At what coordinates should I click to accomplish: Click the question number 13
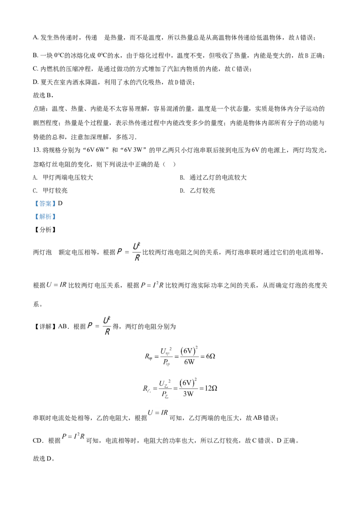coord(36,150)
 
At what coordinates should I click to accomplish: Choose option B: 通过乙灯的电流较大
coord(213,178)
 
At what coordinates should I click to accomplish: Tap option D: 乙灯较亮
coord(198,191)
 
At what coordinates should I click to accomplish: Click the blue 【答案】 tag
coord(45,204)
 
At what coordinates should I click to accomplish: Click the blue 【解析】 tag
coord(45,217)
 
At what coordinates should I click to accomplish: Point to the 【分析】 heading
coord(45,229)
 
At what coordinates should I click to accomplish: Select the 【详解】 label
coord(45,326)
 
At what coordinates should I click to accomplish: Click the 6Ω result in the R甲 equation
coord(211,356)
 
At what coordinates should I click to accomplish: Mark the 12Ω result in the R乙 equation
coord(211,388)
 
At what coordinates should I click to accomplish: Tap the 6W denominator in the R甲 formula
coord(189,362)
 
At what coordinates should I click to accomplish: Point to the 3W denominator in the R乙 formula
coord(188,394)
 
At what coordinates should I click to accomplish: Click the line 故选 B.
coord(43,95)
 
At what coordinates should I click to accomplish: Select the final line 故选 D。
coord(44,458)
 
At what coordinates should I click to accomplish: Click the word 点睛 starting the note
coord(39,109)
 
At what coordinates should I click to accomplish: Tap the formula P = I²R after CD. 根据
coord(73,437)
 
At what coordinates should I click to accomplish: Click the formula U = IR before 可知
coord(158,413)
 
